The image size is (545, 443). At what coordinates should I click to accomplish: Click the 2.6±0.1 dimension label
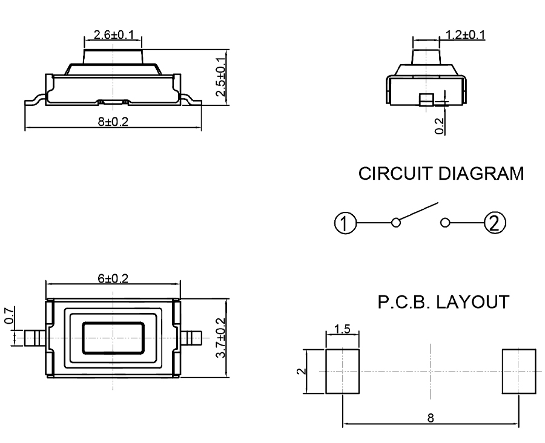(x=113, y=35)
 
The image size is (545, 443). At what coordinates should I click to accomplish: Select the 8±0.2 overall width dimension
(x=113, y=122)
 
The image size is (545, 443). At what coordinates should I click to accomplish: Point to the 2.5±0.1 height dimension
(x=222, y=77)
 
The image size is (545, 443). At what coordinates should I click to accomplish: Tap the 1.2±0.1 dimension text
(x=464, y=34)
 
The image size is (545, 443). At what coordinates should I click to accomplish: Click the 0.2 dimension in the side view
(x=440, y=125)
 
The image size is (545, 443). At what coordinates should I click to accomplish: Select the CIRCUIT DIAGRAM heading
(x=441, y=174)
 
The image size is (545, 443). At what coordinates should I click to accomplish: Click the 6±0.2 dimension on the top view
(x=113, y=279)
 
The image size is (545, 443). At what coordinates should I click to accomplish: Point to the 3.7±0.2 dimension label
(x=222, y=338)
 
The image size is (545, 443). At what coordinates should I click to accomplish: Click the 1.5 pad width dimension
(x=342, y=330)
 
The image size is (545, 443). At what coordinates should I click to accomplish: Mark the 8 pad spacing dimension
(x=431, y=418)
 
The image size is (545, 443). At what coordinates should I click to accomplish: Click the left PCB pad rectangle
(x=343, y=370)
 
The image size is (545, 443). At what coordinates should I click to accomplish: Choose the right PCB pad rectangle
(x=519, y=370)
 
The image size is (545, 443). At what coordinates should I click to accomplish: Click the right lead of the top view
(x=193, y=338)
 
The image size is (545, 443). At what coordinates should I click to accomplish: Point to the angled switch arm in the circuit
(x=418, y=213)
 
